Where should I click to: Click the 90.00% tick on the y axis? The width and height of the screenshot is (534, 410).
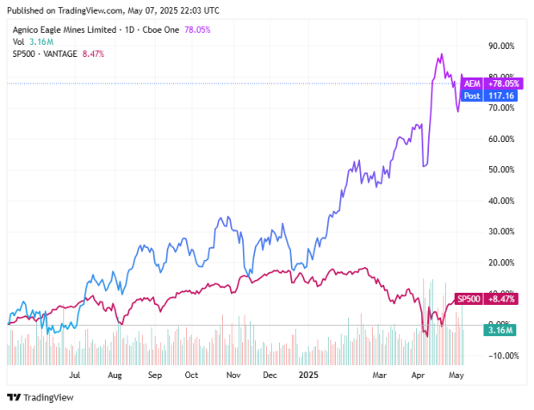point(501,46)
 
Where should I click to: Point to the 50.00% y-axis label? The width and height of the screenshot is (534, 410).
point(501,170)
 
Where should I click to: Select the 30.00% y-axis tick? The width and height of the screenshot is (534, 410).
point(501,232)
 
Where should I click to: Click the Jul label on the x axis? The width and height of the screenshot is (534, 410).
point(75,376)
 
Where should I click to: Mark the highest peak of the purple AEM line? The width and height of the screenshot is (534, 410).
point(442,54)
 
